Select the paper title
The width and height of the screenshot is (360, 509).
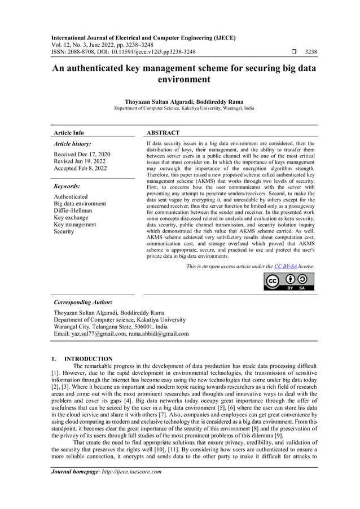pos(184,73)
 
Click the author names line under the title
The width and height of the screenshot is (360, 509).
pos(184,102)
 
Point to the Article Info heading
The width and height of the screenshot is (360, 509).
pos(68,133)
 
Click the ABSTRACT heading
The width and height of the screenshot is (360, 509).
pos(163,133)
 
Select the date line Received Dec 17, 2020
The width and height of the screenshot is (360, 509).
pos(82,154)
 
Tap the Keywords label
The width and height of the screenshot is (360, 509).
pos(67,186)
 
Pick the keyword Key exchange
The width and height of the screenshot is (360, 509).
pos(71,218)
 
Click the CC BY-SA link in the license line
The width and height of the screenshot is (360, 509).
pos(289,266)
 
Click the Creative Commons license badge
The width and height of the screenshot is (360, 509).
pos(289,280)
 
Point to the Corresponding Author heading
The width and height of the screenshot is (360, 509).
pos(83,302)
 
